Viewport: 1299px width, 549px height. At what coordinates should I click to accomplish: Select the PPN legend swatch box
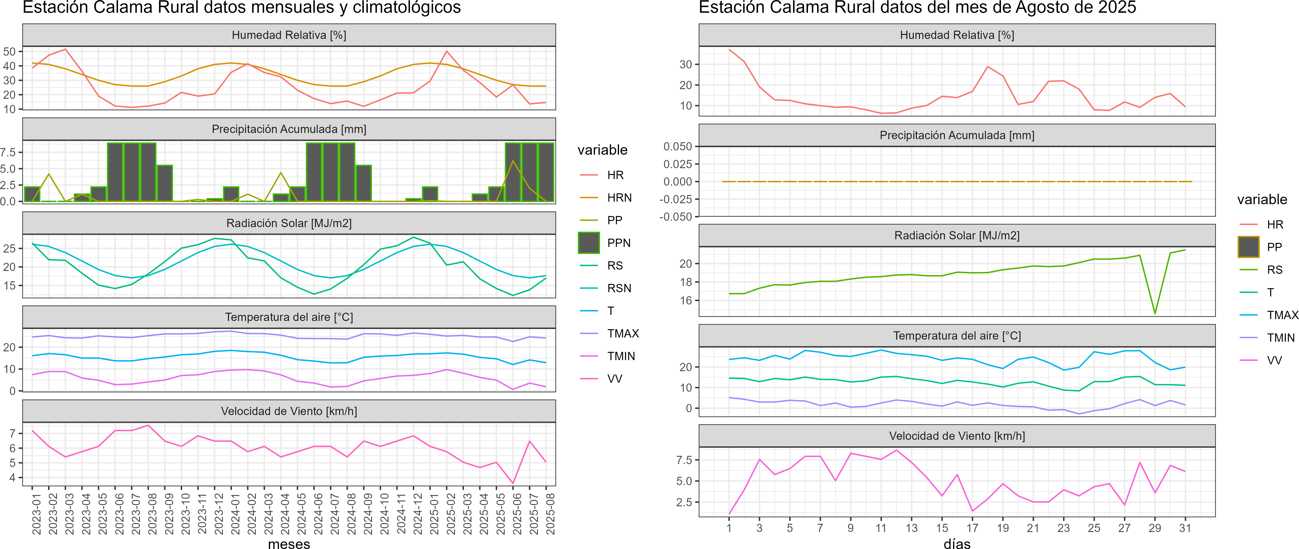click(589, 243)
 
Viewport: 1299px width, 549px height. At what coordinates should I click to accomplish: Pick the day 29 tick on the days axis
click(1155, 528)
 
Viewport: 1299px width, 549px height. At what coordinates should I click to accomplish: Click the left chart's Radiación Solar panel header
click(289, 223)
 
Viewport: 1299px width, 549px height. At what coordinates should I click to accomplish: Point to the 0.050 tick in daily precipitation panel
click(677, 146)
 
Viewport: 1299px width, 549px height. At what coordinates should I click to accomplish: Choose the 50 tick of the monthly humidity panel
click(10, 51)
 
